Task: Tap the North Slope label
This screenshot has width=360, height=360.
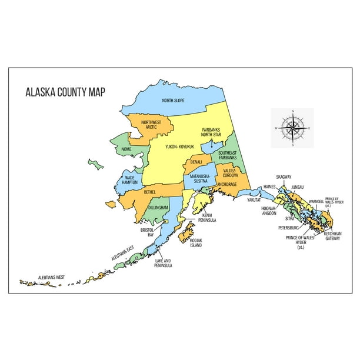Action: coord(173,101)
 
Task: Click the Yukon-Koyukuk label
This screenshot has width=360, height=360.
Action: coord(180,146)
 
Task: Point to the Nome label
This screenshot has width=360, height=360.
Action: coord(126,149)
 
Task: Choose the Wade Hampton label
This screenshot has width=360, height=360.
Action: coord(131,179)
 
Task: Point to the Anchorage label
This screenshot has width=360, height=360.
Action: coord(227,184)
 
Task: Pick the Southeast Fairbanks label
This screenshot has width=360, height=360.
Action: coord(227,155)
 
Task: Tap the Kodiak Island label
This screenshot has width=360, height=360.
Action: coord(196,242)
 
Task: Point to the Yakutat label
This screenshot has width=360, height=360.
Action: coord(254,200)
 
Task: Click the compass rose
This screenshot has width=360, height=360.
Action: coord(292,127)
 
